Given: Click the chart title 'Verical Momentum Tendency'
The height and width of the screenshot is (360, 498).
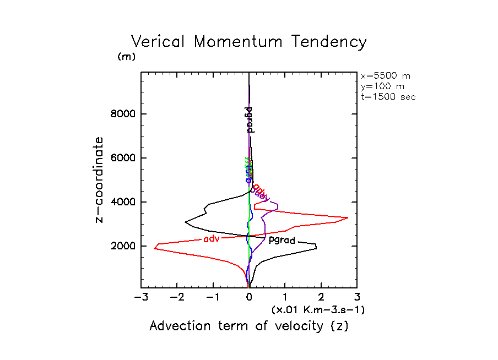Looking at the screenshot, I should point(248,42).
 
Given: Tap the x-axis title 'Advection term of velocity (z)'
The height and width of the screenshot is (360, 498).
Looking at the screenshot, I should point(248,326).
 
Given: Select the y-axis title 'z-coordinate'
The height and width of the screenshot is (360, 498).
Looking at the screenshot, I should point(100,180).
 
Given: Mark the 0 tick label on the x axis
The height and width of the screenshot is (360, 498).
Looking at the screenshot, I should point(249,298).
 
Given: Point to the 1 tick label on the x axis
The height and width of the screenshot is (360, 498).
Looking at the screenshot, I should point(285,298).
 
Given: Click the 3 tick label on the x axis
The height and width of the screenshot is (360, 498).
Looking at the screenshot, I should point(357,298).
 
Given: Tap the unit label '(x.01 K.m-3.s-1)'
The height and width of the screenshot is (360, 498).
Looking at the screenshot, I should point(318,310).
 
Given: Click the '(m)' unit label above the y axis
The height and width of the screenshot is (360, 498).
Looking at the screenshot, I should point(126,57).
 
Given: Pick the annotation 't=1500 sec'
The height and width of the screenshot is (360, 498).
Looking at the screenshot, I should point(388,97).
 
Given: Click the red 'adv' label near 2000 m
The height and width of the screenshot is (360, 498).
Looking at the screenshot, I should point(212,239).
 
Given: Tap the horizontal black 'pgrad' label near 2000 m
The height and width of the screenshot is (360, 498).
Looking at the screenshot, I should point(282,240).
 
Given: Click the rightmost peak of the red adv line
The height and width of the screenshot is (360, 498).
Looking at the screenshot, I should point(348,218).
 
